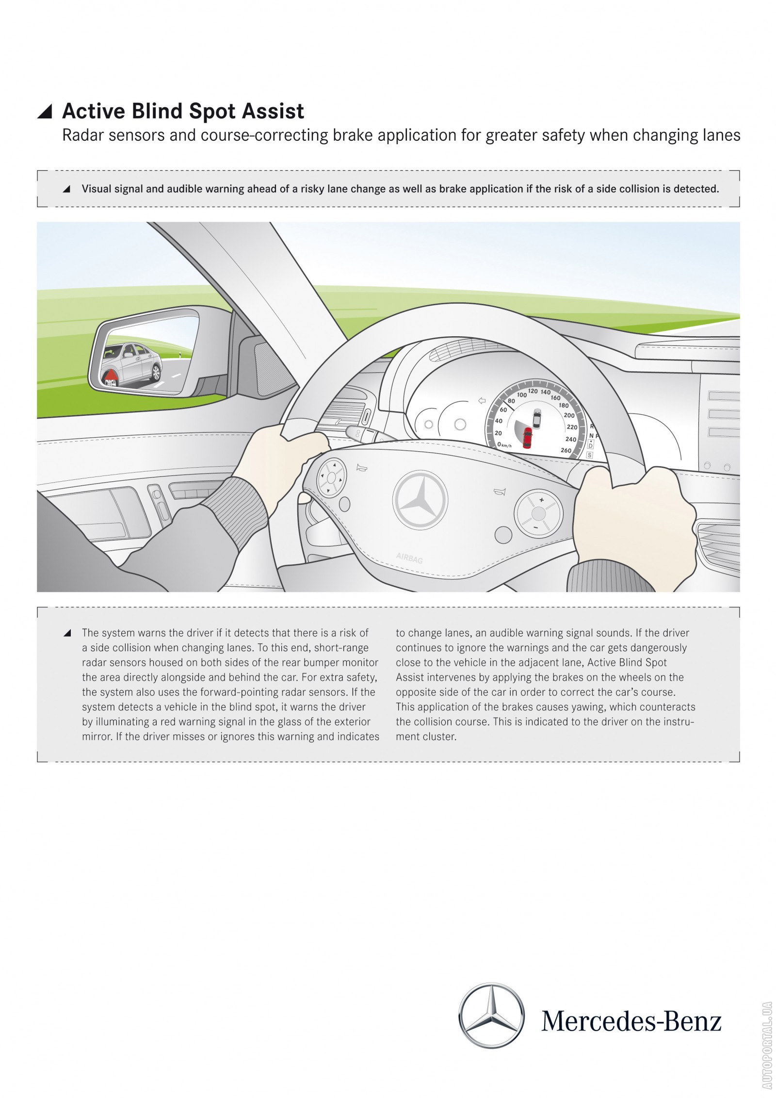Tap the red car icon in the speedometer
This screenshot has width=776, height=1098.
point(527,437)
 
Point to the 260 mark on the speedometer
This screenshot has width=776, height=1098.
point(566,450)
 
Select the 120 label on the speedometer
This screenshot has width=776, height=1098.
point(533,391)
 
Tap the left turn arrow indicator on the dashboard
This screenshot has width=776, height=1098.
point(482,400)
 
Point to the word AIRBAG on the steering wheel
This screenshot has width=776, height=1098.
point(409,558)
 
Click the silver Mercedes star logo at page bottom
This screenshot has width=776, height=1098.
point(491,1015)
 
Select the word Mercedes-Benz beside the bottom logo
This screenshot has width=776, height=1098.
point(631,1021)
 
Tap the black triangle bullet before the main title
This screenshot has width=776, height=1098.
point(45,112)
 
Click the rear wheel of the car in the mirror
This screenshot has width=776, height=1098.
point(156,372)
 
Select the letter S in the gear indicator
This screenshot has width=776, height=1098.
point(590,455)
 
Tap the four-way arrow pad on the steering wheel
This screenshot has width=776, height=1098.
point(331,478)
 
